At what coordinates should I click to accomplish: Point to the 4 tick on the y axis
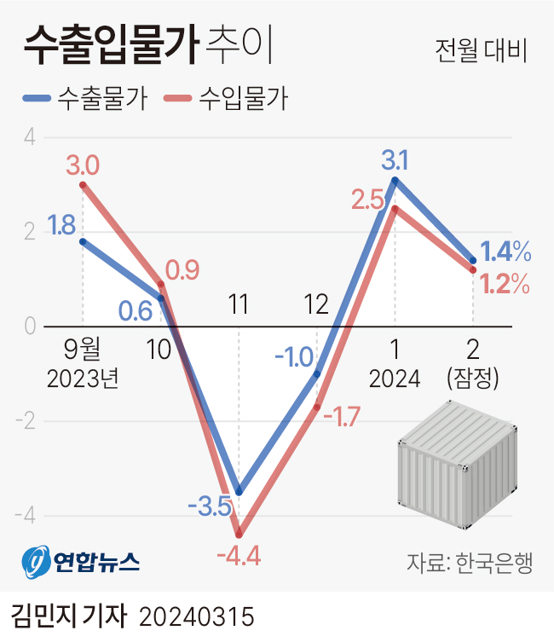pos(29,138)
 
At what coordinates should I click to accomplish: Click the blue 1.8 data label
pos(61,225)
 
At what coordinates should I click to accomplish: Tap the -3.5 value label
pos(210,509)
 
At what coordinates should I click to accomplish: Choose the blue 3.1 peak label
pos(395,159)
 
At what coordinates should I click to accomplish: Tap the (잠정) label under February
pos(472,378)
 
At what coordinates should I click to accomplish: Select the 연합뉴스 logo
pos(82,560)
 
